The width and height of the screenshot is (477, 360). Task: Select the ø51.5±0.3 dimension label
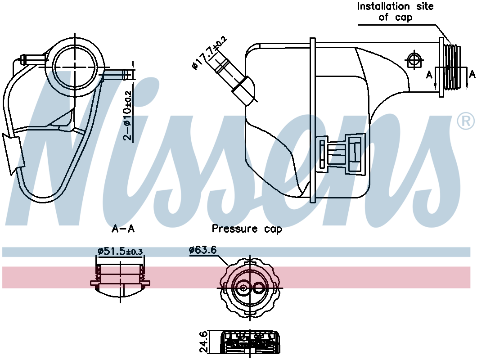(x=121, y=251)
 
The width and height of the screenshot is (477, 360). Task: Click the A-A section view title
(x=123, y=229)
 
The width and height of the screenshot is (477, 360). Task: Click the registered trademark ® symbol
(x=465, y=121)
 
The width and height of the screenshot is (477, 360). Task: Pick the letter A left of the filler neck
(x=429, y=74)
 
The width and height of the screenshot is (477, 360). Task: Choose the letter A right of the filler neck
(x=472, y=74)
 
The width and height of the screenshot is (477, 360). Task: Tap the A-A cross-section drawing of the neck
(x=121, y=281)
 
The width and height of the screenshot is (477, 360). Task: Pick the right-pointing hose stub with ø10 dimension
(x=118, y=74)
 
